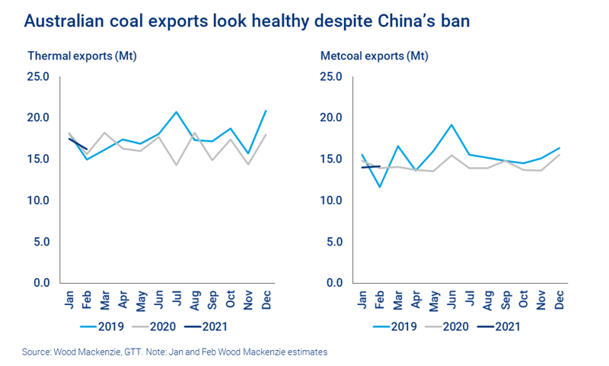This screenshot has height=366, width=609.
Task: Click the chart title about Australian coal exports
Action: tap(247, 21)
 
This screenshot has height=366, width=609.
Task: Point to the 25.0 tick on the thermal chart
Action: tap(37, 76)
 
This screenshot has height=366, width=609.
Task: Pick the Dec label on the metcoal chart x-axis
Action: tap(560, 300)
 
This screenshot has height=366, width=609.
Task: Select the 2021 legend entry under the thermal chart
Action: tap(214, 326)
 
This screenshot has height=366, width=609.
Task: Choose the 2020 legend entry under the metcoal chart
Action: tap(458, 326)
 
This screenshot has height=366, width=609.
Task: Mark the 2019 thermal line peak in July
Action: tap(176, 112)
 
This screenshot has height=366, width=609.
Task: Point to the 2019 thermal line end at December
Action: tap(265, 111)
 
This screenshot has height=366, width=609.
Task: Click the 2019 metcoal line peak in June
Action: tap(451, 124)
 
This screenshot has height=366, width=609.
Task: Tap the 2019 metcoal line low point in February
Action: tap(380, 187)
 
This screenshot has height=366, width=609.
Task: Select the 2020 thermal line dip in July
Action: tap(176, 165)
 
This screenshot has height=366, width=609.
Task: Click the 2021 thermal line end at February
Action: tap(87, 149)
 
